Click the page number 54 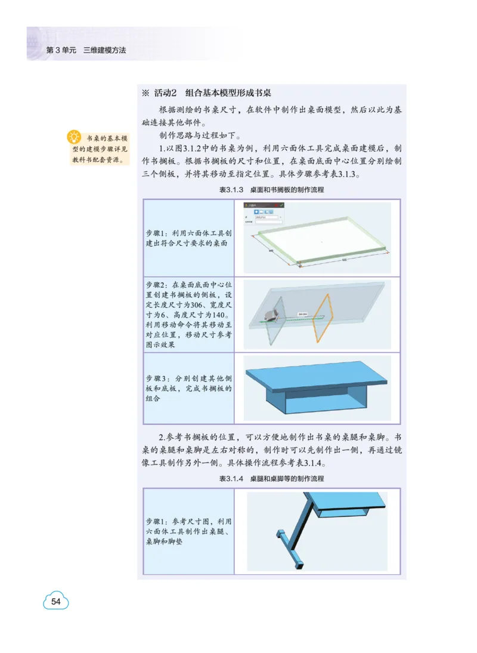pyautogui.click(x=56, y=601)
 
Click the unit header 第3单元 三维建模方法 pyautogui.click(x=86, y=51)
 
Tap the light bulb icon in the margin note pyautogui.click(x=74, y=137)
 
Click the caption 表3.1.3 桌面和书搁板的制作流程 pyautogui.click(x=271, y=189)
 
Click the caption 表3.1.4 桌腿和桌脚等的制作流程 pyautogui.click(x=271, y=479)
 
